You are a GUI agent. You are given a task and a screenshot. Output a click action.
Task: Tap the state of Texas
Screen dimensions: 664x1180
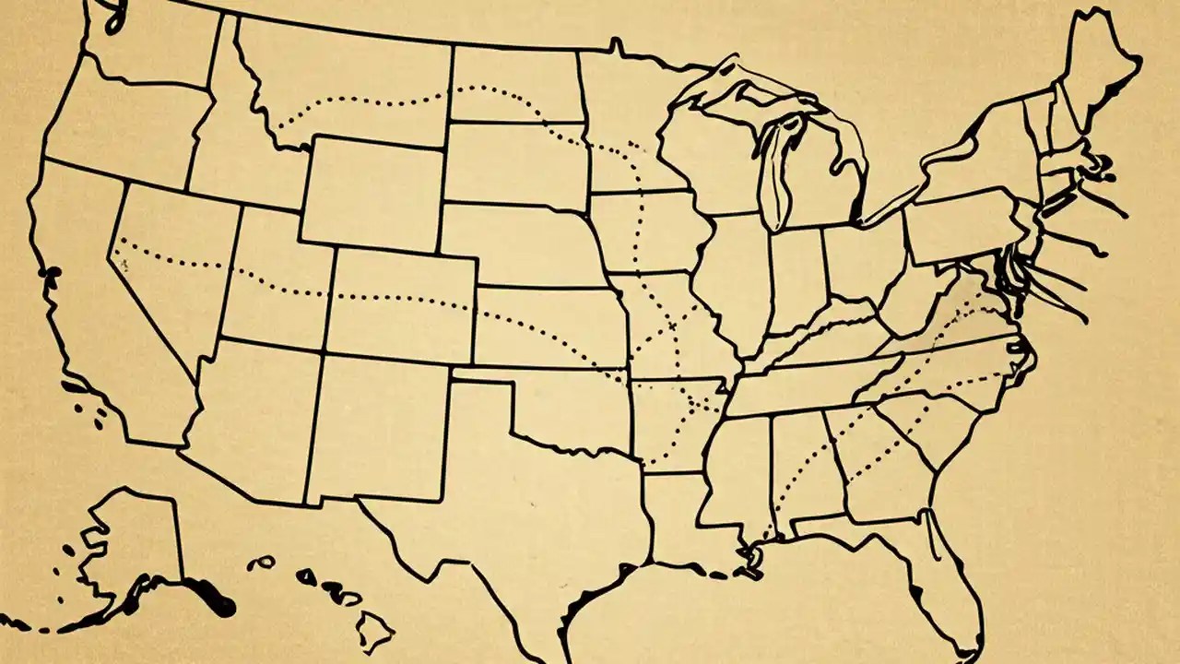pyautogui.click(x=516, y=516)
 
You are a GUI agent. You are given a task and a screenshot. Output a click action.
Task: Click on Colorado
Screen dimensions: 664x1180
pyautogui.click(x=401, y=304)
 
